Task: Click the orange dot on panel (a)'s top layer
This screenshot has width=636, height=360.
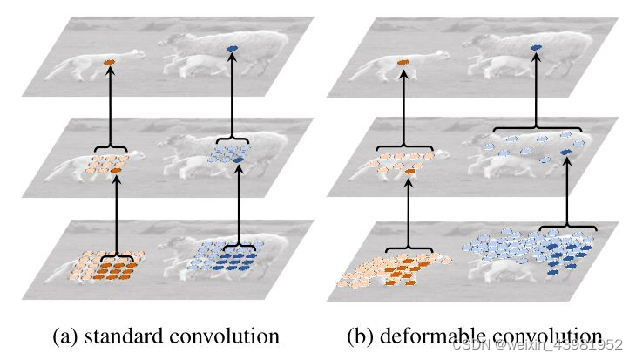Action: [x=109, y=63]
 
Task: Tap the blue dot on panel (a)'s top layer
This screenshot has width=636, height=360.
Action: [x=232, y=50]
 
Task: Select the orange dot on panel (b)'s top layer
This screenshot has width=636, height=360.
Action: [x=403, y=63]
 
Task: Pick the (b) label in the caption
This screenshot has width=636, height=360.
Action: [x=362, y=336]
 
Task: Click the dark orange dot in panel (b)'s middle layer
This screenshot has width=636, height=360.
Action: [x=410, y=172]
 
